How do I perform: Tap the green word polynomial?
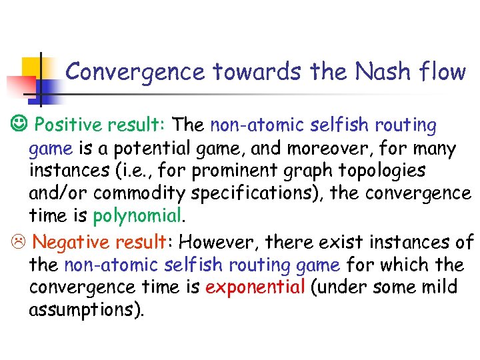tap(137, 216)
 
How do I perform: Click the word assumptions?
tap(86, 310)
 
